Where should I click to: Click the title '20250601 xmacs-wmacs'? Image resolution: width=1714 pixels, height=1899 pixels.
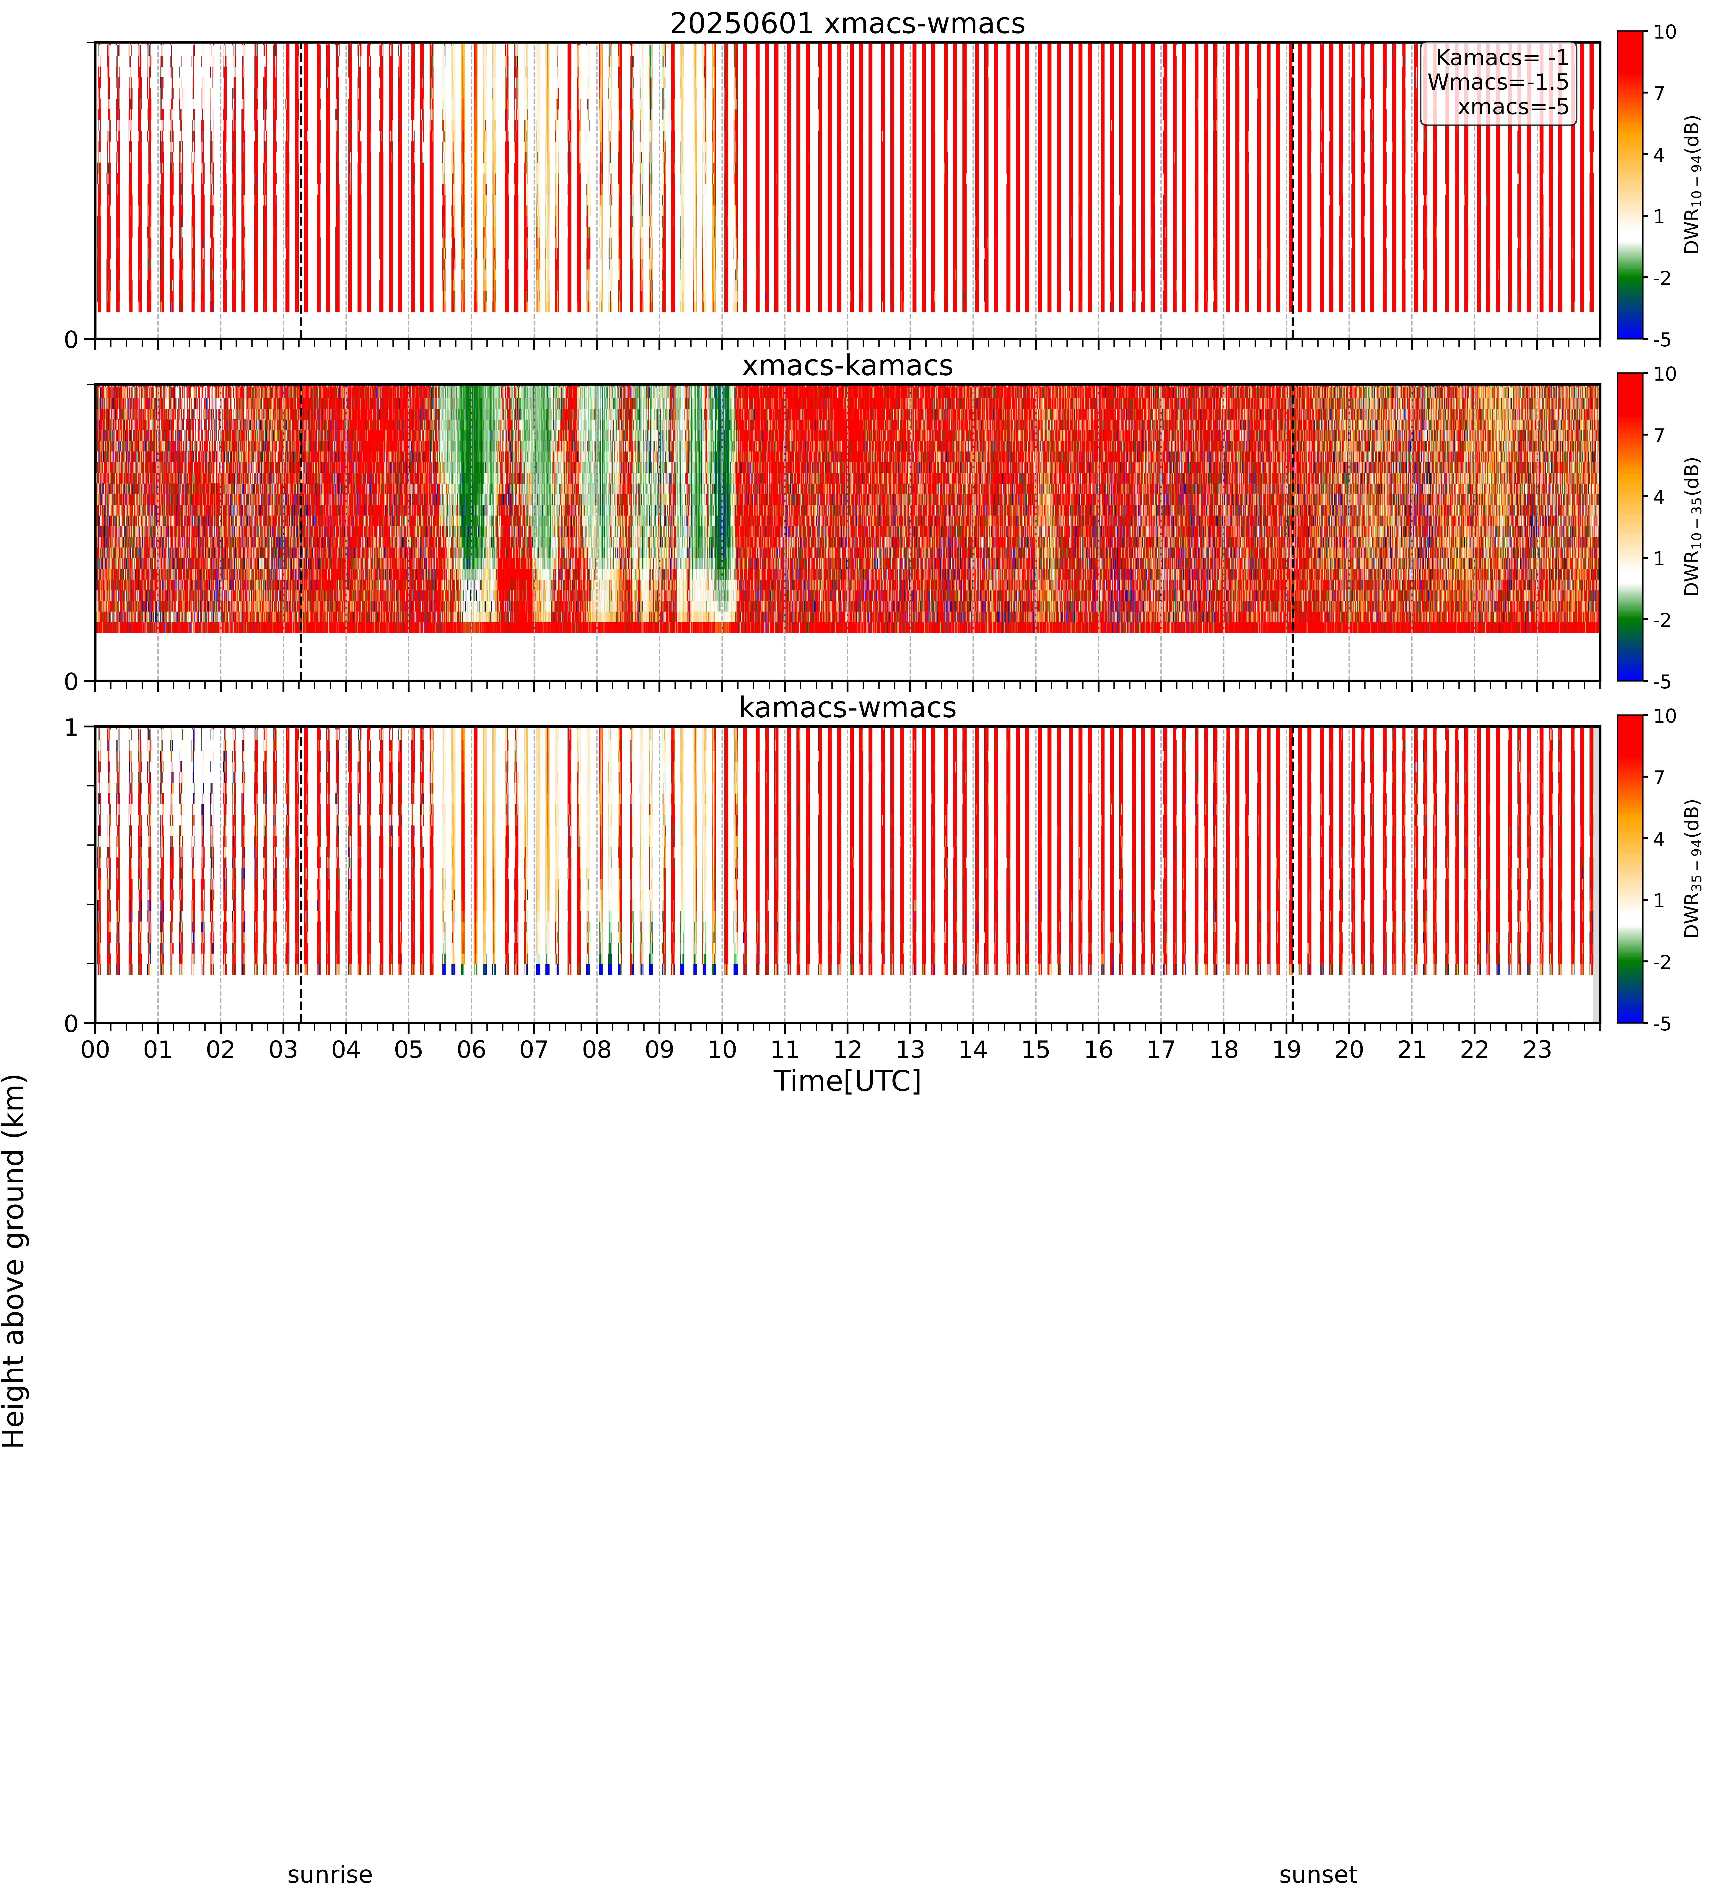848,23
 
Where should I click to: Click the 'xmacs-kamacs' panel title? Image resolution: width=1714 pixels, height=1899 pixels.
848,366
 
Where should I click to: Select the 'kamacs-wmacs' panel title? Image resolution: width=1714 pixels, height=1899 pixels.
848,707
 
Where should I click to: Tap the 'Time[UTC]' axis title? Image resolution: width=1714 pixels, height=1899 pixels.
848,1080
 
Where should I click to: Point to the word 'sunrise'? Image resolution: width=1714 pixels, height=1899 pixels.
330,1875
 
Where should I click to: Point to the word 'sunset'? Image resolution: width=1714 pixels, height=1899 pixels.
1318,1875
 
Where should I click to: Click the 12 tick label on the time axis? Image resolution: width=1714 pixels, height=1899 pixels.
848,1049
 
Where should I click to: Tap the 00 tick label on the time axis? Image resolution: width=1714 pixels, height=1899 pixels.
95,1049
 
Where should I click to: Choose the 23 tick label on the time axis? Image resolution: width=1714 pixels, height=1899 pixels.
1537,1049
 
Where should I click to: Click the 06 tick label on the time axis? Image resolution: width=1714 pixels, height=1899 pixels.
471,1049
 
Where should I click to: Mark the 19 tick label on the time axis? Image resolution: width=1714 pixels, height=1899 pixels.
1286,1049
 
